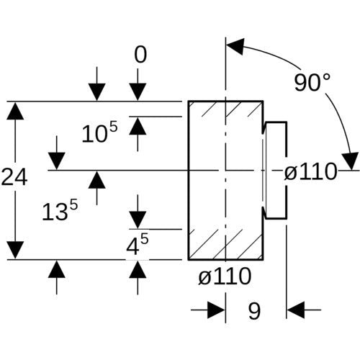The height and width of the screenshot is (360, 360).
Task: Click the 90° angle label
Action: click(x=312, y=82)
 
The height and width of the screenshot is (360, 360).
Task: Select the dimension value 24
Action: click(x=14, y=177)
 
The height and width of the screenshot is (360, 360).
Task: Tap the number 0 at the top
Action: click(x=140, y=55)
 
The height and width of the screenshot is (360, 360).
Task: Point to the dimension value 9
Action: click(x=254, y=311)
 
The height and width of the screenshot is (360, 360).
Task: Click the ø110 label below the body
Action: click(x=225, y=276)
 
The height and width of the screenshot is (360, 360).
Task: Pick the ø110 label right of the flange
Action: click(x=311, y=171)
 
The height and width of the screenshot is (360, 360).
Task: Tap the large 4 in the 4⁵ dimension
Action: click(x=132, y=247)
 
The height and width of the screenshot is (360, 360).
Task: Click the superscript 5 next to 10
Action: click(x=113, y=126)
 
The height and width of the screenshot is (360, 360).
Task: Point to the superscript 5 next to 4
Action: click(x=144, y=239)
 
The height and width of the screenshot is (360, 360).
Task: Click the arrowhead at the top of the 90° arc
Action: click(x=235, y=46)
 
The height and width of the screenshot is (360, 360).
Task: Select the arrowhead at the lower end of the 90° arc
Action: click(x=351, y=161)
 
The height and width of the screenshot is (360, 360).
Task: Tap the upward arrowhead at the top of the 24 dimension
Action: click(x=15, y=111)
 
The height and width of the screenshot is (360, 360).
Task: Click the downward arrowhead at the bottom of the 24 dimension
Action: click(x=15, y=251)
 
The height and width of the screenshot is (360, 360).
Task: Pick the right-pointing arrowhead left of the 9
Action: click(x=216, y=310)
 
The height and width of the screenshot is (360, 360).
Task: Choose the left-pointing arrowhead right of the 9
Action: click(x=296, y=310)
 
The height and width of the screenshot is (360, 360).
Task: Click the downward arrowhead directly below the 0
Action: click(x=138, y=92)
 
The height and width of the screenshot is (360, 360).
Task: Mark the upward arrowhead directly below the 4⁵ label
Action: click(x=138, y=269)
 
